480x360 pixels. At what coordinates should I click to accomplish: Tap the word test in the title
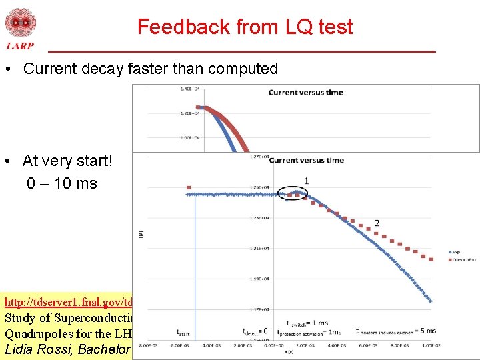coord(333,27)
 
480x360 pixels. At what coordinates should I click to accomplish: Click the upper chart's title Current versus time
coord(305,92)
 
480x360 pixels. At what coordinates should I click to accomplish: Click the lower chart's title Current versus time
coord(307,160)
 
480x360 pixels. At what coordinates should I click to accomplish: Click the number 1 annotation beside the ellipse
coord(306,181)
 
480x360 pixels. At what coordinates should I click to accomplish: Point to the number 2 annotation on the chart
coord(377,223)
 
